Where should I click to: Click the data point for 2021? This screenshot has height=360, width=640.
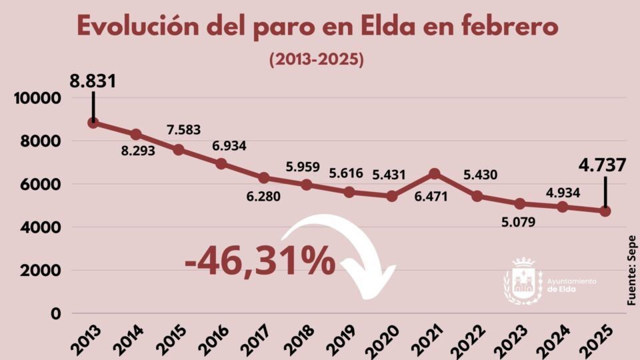[x=434, y=173]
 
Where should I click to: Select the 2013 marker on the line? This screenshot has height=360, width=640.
[x=93, y=123]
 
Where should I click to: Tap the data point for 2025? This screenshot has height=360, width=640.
[x=605, y=211]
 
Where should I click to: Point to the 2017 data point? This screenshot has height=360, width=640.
[x=264, y=178]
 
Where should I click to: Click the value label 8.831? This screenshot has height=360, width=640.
[x=93, y=82]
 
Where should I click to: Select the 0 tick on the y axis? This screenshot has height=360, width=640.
[x=56, y=313]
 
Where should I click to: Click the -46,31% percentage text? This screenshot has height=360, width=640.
[x=260, y=261]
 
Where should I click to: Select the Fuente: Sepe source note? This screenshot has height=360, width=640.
[x=631, y=271]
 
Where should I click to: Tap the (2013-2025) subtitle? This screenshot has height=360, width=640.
[x=316, y=59]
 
